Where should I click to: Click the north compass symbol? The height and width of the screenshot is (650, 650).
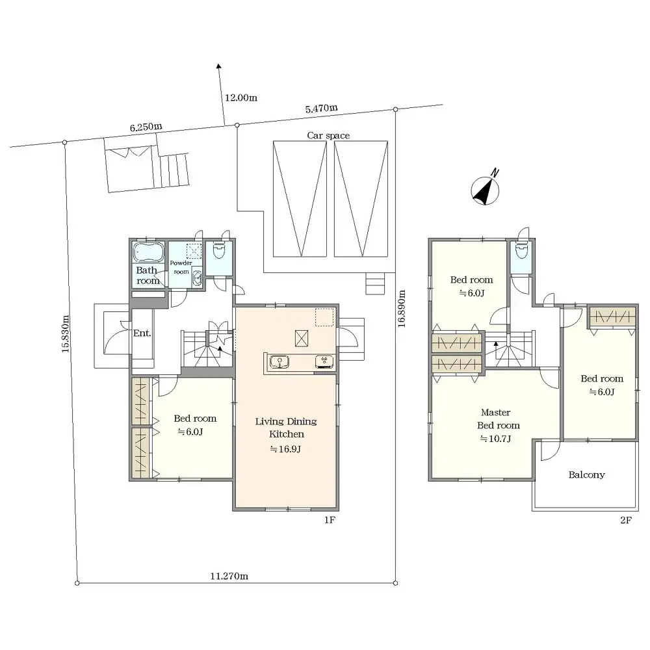485,190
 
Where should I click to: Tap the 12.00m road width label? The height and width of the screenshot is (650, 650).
241,98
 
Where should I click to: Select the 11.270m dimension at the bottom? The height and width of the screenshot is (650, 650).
229,576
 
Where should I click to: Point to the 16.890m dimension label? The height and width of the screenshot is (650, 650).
401,308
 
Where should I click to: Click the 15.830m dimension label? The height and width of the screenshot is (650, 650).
65,334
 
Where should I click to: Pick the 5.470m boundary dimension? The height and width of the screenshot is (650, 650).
321,109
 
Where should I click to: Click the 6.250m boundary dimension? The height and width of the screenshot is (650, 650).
146,127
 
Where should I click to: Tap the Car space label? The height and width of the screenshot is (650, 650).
328,136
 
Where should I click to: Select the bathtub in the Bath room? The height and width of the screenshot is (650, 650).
148,252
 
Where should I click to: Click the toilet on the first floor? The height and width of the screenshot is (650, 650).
218,251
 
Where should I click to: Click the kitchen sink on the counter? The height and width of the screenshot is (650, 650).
279,362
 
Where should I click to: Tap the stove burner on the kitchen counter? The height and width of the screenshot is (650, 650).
324,361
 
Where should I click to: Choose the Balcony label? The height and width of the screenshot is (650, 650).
586,474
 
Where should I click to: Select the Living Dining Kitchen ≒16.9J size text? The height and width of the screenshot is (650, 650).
285,449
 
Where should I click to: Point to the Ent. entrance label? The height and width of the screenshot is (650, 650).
142,333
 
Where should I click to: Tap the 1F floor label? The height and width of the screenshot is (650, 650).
330,520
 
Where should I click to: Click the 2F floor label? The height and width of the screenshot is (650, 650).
626,520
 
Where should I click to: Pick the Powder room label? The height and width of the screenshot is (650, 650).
181,267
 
